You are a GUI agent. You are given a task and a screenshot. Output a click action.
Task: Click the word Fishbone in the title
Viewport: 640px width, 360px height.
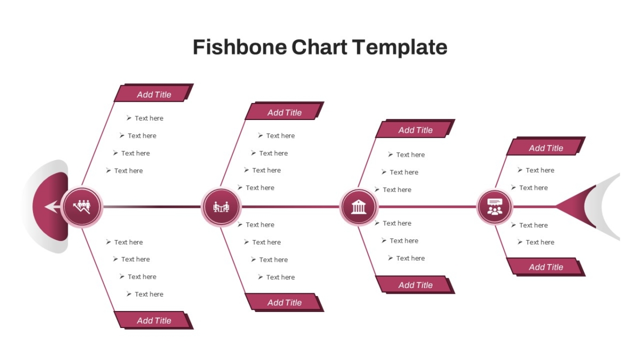point(239,47)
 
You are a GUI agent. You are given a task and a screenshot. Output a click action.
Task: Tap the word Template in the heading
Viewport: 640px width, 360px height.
point(399,47)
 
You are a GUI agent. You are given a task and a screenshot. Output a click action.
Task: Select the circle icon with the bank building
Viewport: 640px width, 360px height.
point(358,207)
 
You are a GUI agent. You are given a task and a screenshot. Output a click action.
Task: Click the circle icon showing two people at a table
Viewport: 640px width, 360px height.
point(221,207)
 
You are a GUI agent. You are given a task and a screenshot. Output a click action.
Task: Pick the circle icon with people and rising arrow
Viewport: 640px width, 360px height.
point(82,207)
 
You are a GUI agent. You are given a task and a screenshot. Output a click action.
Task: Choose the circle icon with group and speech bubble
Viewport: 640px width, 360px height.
point(494,207)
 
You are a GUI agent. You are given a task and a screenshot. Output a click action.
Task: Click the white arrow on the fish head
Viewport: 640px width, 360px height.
point(53,206)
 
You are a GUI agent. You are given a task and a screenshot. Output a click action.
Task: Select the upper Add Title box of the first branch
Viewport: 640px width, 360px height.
point(154,93)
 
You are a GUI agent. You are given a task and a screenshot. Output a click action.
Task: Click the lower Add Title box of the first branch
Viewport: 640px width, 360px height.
point(154,320)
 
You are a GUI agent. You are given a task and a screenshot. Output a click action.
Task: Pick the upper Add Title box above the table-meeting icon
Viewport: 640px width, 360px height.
point(285,111)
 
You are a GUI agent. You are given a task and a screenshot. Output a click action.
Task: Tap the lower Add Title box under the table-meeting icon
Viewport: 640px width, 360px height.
point(285,302)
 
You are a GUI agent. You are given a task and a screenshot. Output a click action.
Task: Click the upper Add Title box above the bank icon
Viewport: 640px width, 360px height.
point(415,129)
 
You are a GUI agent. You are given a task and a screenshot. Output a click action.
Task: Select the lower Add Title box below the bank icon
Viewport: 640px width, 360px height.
point(415,285)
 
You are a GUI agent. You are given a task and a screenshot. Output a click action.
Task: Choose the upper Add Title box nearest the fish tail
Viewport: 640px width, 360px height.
point(546,146)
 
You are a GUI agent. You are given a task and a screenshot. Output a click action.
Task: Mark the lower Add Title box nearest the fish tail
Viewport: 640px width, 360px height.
point(546,267)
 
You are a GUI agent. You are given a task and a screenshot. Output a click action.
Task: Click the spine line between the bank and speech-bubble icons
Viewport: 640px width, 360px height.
point(427,206)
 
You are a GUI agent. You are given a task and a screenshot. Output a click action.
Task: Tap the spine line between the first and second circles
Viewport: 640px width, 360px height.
point(152,206)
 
